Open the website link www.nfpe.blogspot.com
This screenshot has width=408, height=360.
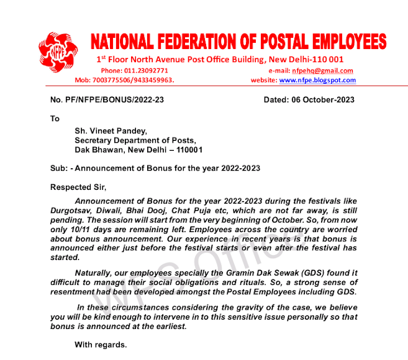tap(317, 80)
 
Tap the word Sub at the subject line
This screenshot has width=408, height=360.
tap(57, 168)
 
